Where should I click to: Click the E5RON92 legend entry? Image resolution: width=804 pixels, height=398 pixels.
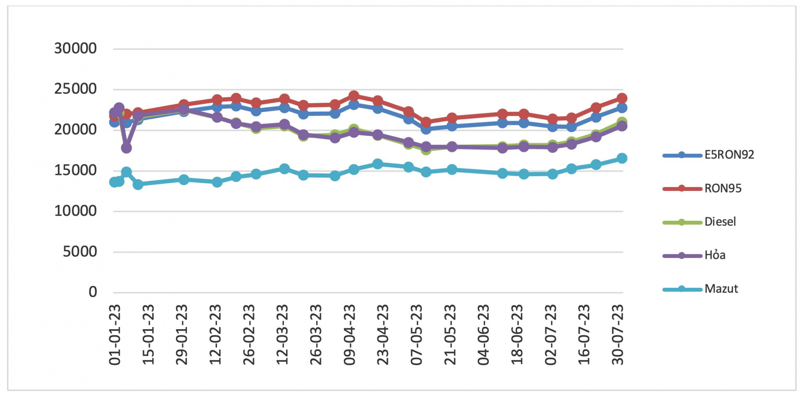[729, 155]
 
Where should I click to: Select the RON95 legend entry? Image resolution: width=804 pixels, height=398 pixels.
[723, 188]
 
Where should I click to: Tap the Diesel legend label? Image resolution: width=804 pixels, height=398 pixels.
[720, 221]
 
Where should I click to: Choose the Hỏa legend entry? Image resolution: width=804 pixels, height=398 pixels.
[715, 255]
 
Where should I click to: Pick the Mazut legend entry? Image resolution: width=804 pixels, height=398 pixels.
[721, 289]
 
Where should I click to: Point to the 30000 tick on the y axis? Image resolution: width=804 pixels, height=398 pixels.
[75, 49]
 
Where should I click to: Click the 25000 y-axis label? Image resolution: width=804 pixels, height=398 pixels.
[75, 89]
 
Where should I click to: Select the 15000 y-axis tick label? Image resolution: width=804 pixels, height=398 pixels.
[75, 170]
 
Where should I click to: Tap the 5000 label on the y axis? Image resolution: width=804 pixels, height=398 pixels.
[80, 252]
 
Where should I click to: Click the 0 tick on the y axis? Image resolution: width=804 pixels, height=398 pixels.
[93, 292]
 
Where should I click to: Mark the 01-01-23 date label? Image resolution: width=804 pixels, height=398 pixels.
[115, 335]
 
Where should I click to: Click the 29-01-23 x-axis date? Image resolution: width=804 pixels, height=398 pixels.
[182, 335]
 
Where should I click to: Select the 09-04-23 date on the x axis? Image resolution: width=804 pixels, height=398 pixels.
[349, 335]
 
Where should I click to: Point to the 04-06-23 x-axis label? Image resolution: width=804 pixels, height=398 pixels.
[483, 335]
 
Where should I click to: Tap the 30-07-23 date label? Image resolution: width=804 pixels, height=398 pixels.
[618, 335]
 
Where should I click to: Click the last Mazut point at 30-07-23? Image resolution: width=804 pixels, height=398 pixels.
[622, 158]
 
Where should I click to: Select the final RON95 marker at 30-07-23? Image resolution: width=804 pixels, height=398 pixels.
[622, 98]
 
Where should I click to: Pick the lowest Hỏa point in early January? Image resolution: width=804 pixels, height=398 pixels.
[126, 148]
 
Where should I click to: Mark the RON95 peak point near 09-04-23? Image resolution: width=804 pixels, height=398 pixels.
[354, 96]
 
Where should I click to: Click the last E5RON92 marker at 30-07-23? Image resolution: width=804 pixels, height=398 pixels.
[622, 108]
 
